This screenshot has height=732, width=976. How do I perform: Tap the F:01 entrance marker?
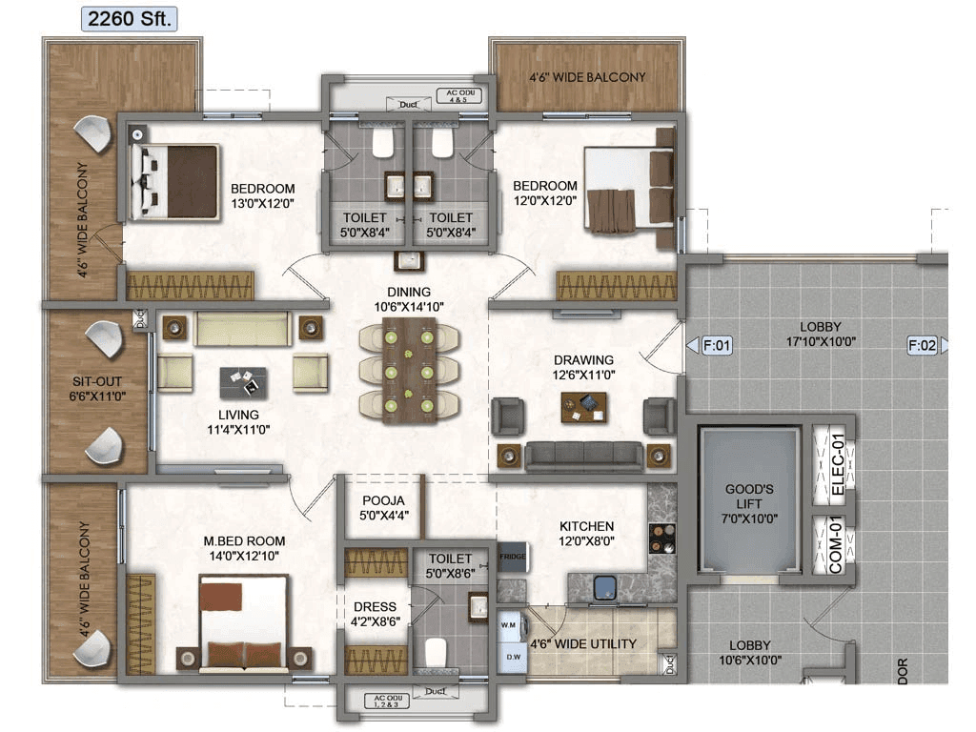coord(716,346)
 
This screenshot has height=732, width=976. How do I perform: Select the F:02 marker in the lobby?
coord(922,346)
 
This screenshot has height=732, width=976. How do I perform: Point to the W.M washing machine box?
coord(508,625)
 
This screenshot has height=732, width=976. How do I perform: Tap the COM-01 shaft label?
coord(838,545)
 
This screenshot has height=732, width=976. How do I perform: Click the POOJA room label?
coord(384,500)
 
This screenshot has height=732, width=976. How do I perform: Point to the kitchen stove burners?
coord(661,538)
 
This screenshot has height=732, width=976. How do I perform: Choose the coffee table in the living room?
coord(243,382)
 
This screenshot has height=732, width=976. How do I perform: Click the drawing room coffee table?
coord(584,407)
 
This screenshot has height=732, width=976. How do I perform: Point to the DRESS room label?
coord(375,606)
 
